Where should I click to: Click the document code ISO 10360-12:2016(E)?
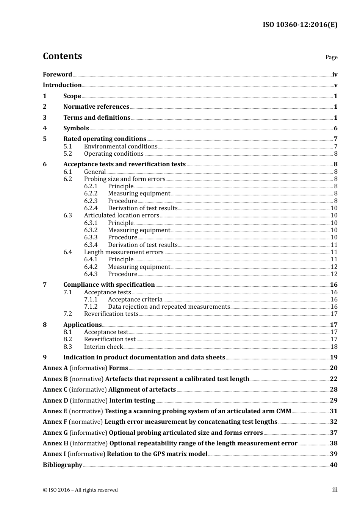(x=300, y=25)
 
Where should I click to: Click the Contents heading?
(x=62, y=56)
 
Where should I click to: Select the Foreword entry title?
(x=57, y=75)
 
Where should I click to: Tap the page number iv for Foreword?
(x=335, y=75)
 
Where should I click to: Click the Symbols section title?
(x=76, y=128)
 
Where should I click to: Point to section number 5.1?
(x=67, y=147)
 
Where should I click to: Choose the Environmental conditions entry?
(x=121, y=147)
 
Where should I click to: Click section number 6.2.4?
(x=91, y=208)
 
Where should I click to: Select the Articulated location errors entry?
(x=121, y=215)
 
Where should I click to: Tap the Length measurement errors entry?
(x=124, y=252)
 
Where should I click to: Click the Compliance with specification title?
(x=109, y=285)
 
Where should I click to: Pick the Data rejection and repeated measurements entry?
(x=169, y=307)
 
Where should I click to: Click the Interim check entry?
(x=103, y=347)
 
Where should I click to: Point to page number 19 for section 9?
(x=333, y=358)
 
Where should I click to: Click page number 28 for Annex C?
(x=333, y=390)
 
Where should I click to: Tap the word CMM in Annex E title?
(x=284, y=411)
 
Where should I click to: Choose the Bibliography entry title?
(x=62, y=465)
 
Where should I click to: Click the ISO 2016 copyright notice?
(x=80, y=490)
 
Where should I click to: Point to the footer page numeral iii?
(x=335, y=490)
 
